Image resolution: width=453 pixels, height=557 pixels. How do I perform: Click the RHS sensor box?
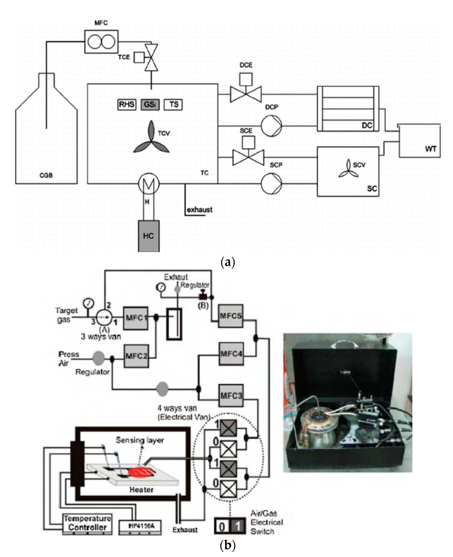[127, 105]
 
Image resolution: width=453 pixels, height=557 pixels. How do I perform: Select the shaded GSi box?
[150, 105]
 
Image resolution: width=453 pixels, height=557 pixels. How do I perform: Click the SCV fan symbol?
[348, 169]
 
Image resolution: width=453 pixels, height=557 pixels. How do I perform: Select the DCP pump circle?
[271, 126]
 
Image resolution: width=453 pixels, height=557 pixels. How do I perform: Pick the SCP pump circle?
[271, 184]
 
